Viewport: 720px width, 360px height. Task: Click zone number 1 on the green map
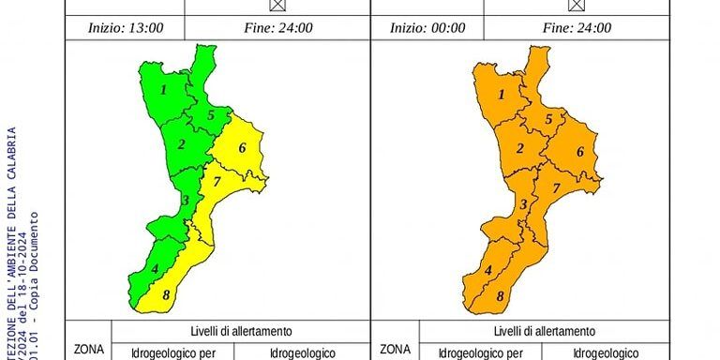pos(163,90)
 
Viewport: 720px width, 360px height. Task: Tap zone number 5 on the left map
pos(211,115)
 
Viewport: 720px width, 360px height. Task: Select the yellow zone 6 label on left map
pos(241,148)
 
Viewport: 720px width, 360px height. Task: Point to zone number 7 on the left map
pos(217,182)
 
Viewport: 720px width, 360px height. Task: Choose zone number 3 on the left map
pos(186,200)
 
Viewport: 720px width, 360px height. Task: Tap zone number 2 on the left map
pos(181,144)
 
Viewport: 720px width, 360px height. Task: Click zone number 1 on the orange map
pos(501,94)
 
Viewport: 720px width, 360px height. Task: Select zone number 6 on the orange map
pos(579,152)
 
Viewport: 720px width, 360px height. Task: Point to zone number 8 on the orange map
pos(500,296)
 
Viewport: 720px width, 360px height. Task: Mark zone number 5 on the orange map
pos(548,119)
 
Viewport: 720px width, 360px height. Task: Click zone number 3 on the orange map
pos(523,203)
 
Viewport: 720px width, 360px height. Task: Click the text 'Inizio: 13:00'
pos(126,28)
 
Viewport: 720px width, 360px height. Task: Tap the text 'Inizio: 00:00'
pos(427,28)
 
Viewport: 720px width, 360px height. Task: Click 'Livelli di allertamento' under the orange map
pos(544,331)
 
